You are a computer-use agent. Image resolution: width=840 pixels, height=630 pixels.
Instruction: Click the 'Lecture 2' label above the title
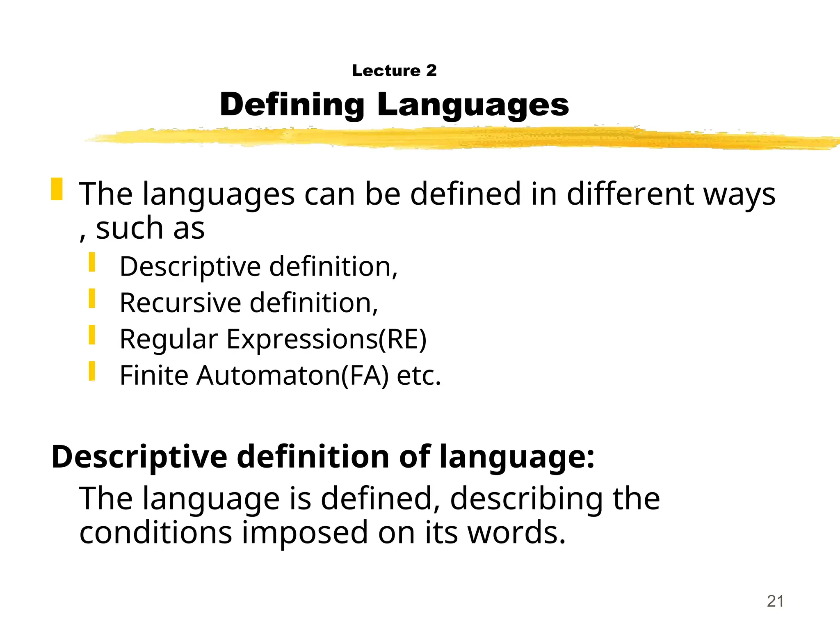tap(394, 71)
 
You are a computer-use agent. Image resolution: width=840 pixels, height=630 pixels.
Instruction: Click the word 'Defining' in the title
tap(292, 105)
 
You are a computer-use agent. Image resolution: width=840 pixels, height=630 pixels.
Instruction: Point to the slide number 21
tap(775, 601)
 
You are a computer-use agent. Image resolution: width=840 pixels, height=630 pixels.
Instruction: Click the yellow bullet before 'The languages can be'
tap(57, 189)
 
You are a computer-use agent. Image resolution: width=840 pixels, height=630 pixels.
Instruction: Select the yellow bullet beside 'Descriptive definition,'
tap(92, 262)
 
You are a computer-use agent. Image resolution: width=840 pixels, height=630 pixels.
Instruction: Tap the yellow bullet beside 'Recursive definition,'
tap(92, 299)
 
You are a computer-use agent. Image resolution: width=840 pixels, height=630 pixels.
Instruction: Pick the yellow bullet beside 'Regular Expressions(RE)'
tap(92, 335)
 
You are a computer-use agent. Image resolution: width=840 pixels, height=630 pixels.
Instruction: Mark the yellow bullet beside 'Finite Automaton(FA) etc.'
tap(92, 371)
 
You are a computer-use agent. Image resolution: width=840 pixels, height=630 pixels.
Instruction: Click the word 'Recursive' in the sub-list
tap(180, 303)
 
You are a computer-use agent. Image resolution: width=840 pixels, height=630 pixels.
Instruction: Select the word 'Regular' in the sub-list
tap(168, 340)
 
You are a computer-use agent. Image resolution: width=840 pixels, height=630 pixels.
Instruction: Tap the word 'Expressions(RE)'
tap(326, 340)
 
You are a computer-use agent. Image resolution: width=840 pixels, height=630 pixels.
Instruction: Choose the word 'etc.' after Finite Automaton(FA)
tap(419, 376)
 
